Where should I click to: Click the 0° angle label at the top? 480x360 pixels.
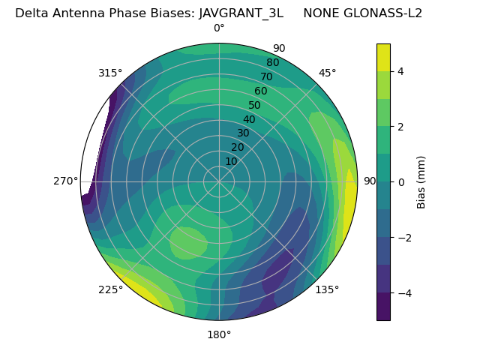pos(219,28)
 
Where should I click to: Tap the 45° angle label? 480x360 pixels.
pos(328,73)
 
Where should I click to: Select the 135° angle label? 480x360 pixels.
pos(327,289)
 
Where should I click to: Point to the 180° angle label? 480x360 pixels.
pos(219,334)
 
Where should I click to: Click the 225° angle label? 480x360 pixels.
pos(110,290)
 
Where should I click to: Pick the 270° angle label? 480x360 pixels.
pos(65,181)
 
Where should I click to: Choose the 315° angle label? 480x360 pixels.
pos(110,73)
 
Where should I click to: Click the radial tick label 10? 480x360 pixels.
pos(231,161)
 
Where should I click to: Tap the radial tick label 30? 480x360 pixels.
pos(243,133)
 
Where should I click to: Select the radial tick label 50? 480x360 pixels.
pos(255,106)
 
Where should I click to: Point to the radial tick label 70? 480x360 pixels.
pos(266,76)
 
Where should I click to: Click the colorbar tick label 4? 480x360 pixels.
pos(400,71)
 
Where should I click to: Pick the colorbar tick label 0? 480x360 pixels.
pos(400,182)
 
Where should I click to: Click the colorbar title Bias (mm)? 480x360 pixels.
pos(421,182)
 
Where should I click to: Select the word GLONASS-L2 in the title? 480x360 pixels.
pos(386,13)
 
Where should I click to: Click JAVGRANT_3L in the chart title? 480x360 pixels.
pos(241,13)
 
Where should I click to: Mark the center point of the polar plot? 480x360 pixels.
pos(219,181)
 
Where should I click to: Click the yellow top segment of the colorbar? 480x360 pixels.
pos(383,57)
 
